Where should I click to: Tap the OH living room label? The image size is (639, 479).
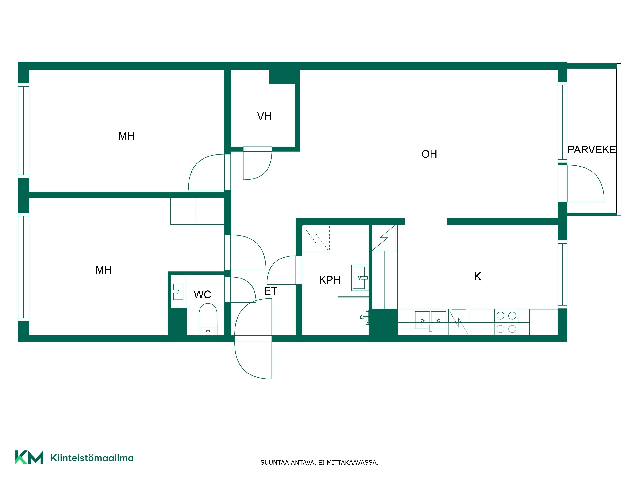tap(429, 154)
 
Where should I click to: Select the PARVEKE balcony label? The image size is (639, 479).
tap(592, 150)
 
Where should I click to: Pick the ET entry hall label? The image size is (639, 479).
tap(270, 291)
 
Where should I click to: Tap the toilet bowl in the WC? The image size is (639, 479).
tap(208, 319)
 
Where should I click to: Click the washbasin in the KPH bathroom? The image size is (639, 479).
tap(360, 278)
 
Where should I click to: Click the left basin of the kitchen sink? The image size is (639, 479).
tap(422, 320)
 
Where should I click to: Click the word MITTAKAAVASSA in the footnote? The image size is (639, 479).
tap(352, 463)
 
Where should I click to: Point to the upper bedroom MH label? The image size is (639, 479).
tap(126, 136)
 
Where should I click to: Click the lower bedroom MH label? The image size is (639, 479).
tap(103, 270)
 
